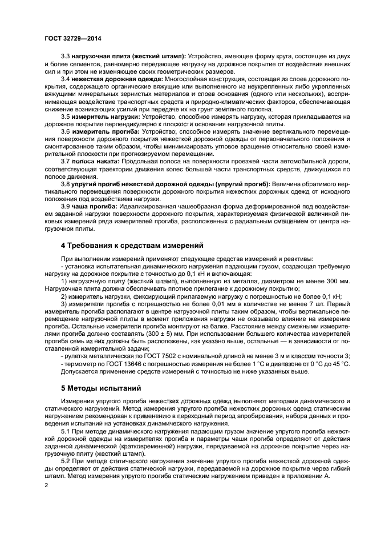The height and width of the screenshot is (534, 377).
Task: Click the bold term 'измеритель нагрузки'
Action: pos(102,116)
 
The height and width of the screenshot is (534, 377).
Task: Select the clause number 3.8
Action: pos(65,184)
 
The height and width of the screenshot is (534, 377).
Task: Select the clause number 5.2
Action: pos(65,461)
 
